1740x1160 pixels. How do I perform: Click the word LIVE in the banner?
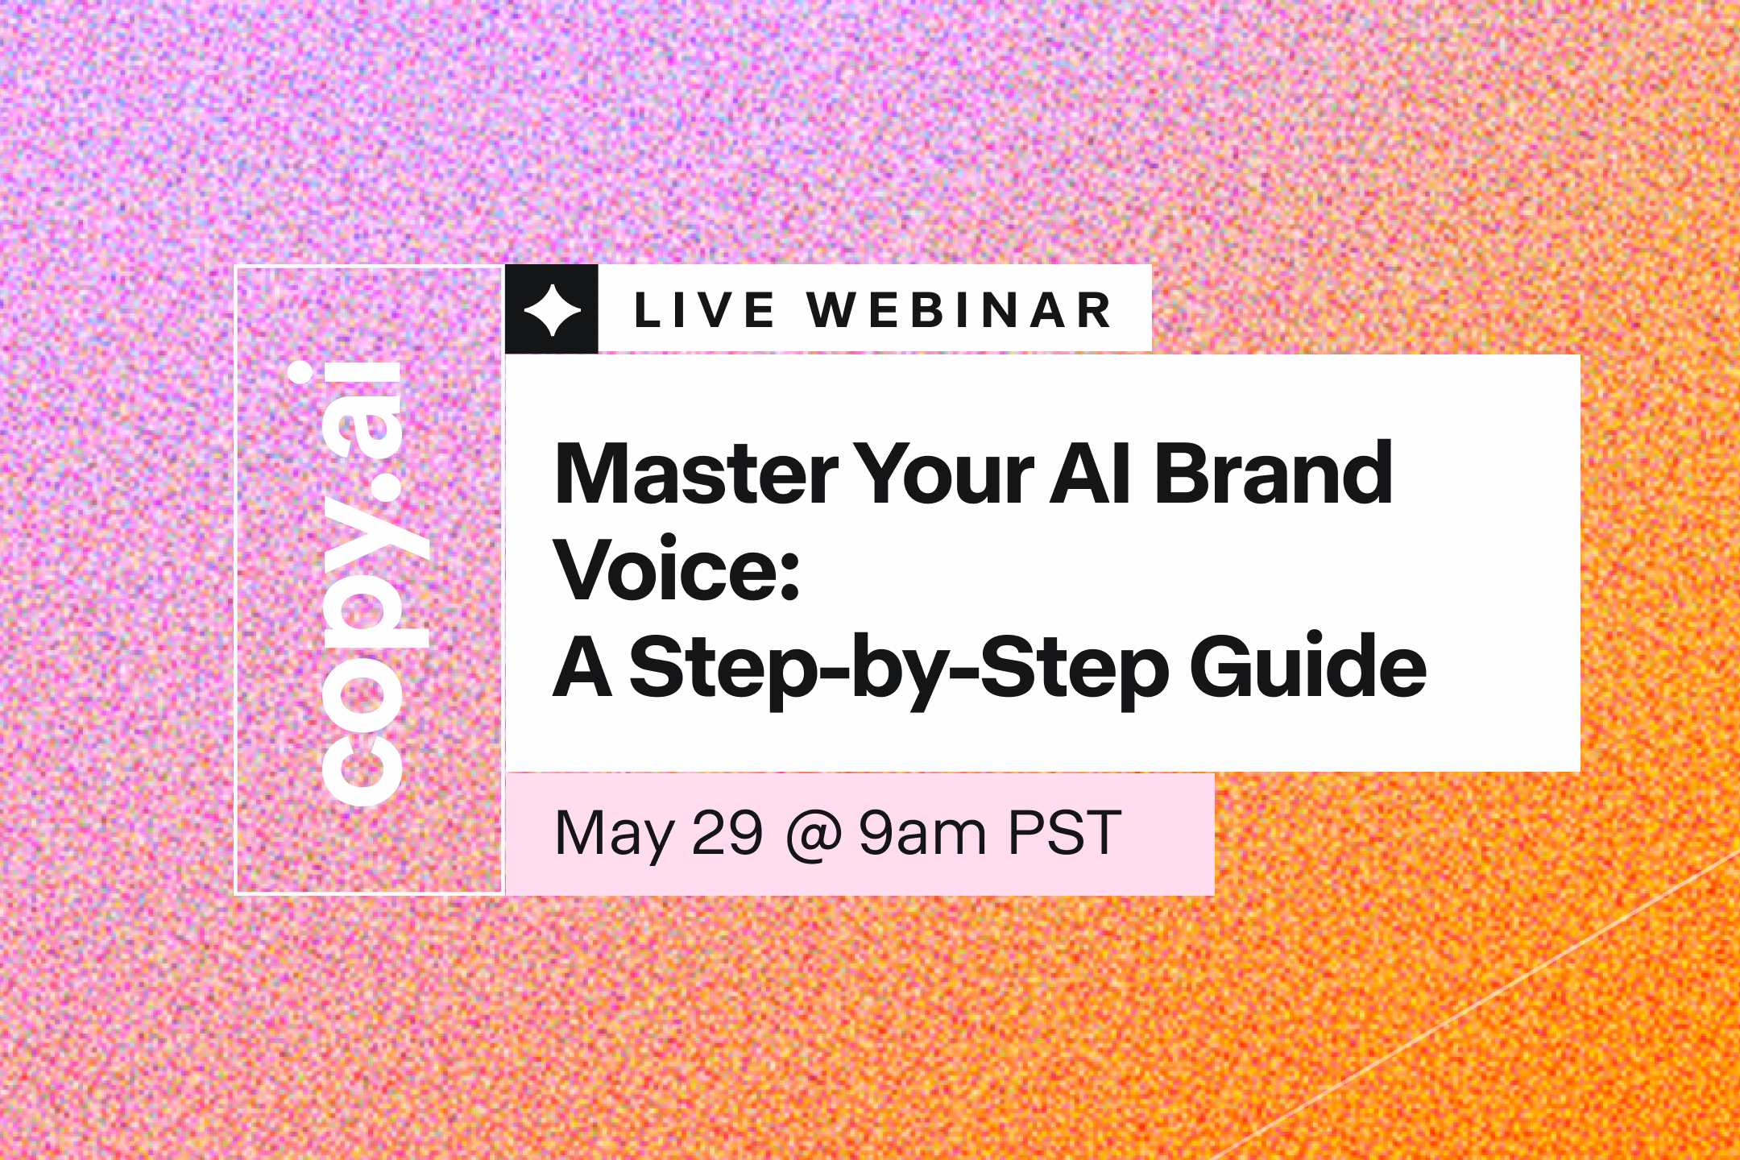pos(705,311)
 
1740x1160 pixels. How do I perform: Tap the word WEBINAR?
pos(961,311)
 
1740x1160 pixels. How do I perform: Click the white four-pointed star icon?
pos(552,309)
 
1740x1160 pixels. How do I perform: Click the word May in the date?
pos(614,835)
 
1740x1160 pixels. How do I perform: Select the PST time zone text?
pos(1064,833)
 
